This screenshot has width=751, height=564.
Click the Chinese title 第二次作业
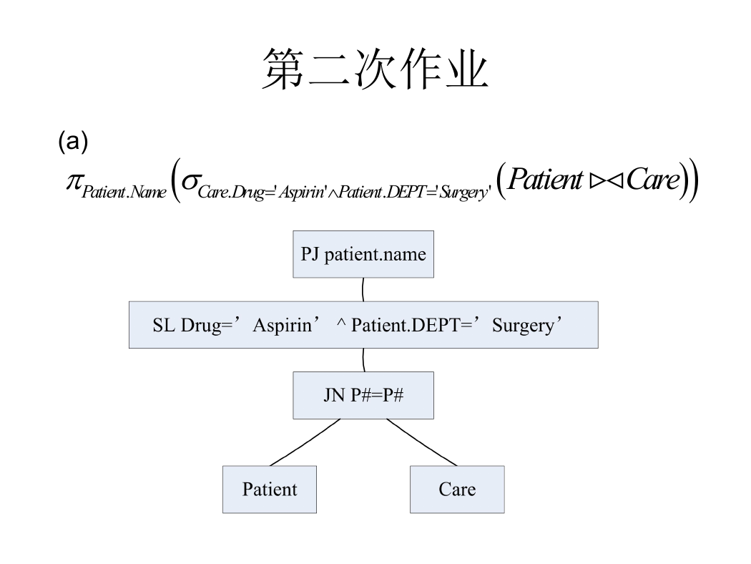click(x=375, y=69)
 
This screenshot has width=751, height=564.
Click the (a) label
click(x=73, y=142)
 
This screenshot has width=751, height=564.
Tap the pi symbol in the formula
click(x=74, y=182)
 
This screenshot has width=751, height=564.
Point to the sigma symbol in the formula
click(x=190, y=182)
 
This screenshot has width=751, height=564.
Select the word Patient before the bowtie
click(x=545, y=179)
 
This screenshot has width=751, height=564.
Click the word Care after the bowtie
click(x=653, y=180)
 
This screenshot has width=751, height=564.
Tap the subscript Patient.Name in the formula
click(x=124, y=192)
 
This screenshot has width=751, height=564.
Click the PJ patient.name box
click(x=363, y=254)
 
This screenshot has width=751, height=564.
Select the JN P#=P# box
click(x=363, y=395)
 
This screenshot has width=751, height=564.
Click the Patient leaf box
click(x=270, y=490)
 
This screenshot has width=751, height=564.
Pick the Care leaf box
click(x=458, y=490)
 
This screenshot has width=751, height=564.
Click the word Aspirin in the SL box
click(x=282, y=326)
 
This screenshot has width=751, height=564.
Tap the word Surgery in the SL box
click(x=523, y=326)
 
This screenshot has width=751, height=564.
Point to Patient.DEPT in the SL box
click(x=406, y=325)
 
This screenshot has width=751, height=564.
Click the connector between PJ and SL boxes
click(x=363, y=289)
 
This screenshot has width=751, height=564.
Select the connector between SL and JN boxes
click(x=363, y=360)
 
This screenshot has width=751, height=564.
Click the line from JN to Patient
click(x=305, y=442)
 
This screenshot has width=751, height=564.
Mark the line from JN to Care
click(x=422, y=442)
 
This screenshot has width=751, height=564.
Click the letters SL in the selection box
click(x=164, y=326)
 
